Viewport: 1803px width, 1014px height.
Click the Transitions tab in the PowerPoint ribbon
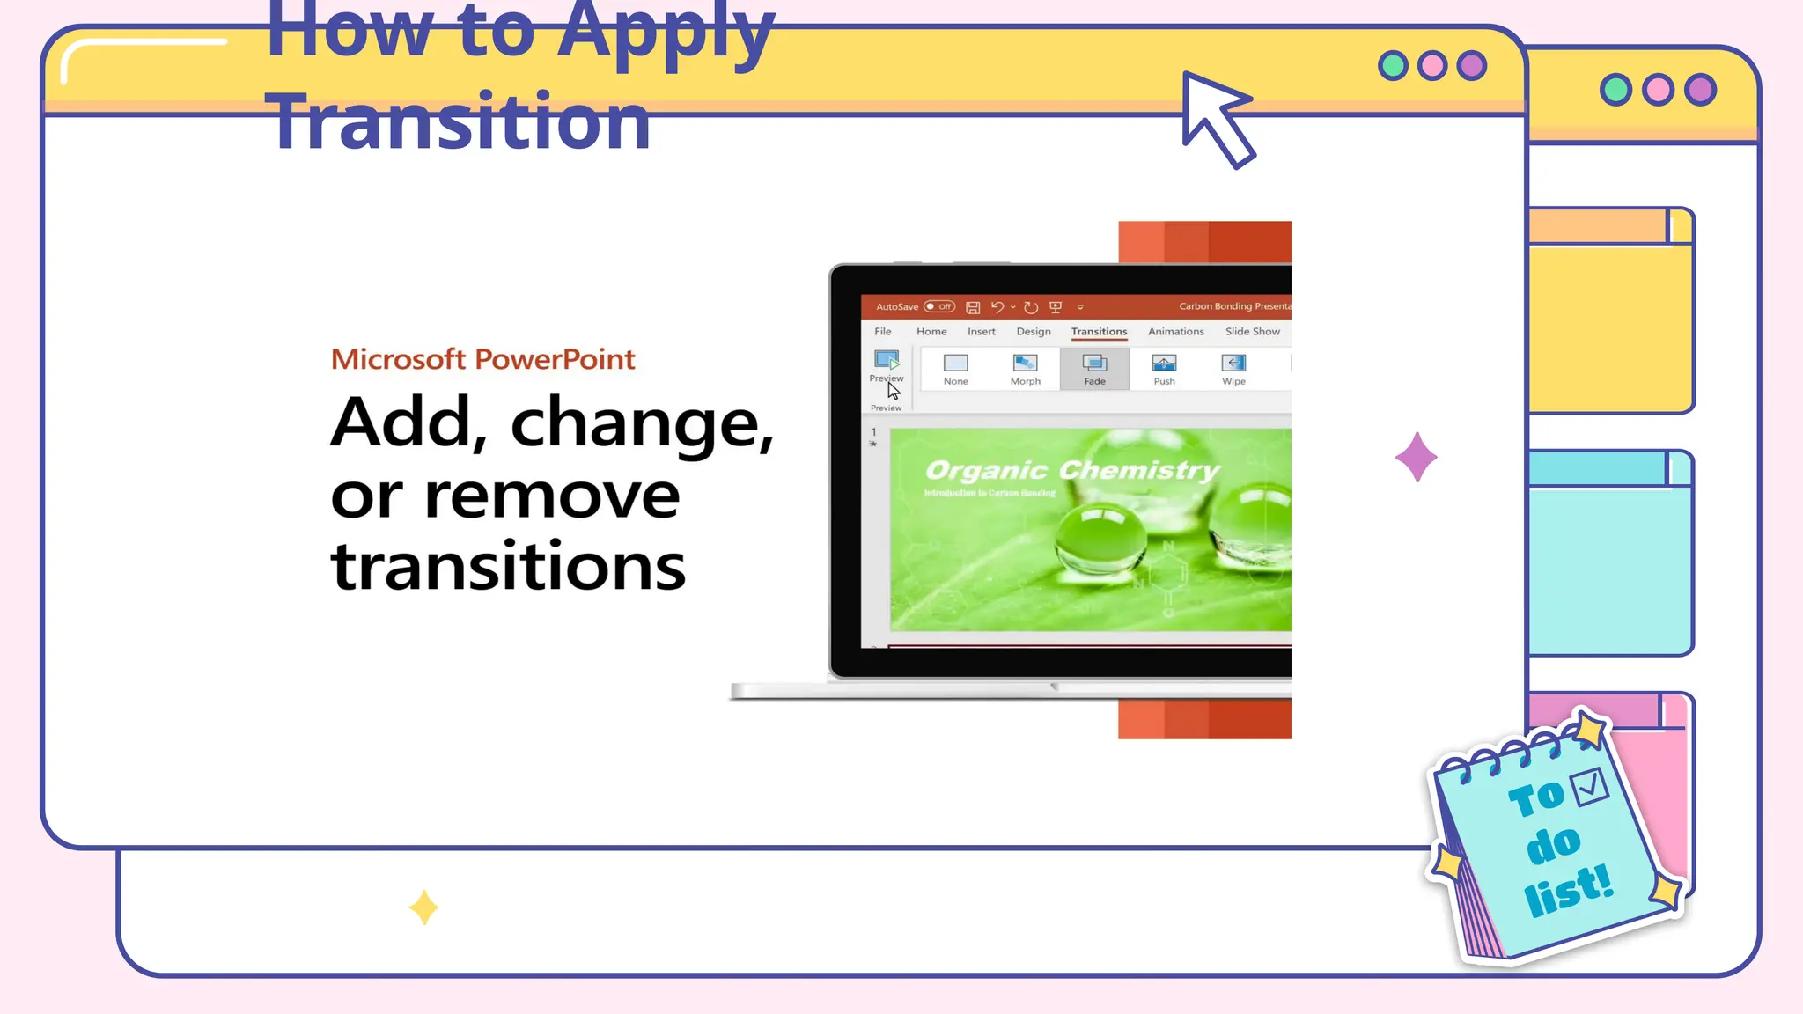(1099, 332)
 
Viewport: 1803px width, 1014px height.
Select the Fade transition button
(1094, 369)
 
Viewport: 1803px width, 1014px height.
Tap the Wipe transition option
(1233, 369)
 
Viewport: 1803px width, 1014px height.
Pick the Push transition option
(1164, 369)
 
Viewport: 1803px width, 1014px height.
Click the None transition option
(955, 369)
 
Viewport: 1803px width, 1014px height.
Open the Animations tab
(1175, 332)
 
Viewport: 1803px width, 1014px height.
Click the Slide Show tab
(1252, 332)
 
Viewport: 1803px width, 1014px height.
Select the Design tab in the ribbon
(1034, 332)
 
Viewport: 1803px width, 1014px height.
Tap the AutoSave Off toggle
(939, 307)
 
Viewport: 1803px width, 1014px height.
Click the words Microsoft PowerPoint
(482, 359)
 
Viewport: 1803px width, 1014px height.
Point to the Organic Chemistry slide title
(1072, 471)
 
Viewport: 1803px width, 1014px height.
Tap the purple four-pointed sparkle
(1416, 457)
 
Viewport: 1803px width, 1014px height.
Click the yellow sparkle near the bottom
(423, 907)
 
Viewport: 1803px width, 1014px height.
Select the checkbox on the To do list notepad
(1591, 786)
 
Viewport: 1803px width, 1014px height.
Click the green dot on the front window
(1393, 66)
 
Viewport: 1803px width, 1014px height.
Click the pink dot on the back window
(1658, 90)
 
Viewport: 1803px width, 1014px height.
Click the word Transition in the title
(458, 121)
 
